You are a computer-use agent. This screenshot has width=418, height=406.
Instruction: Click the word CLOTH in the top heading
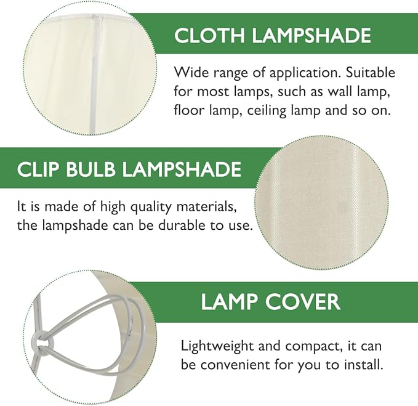206,35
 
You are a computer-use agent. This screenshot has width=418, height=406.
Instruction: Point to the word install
361,365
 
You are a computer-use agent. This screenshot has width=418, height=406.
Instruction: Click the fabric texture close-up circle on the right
321,203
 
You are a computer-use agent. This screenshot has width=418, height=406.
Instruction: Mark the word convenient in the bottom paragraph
238,365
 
